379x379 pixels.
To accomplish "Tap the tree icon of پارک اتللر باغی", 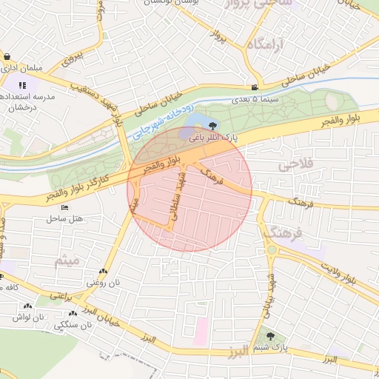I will [x=213, y=127].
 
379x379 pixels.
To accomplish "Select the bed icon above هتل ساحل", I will [x=64, y=208].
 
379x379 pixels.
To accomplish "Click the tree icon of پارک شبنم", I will [x=269, y=335].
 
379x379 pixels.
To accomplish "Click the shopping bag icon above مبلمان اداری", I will [x=7, y=57].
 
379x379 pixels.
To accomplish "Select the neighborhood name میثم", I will [x=66, y=261].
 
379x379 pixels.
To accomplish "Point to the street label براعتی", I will [x=62, y=295].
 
